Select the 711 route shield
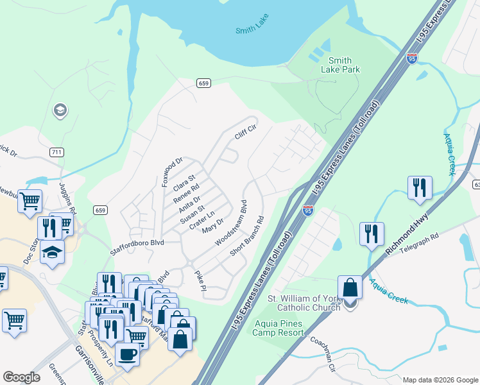[56, 151]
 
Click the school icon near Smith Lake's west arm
[60, 111]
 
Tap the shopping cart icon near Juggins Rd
[30, 201]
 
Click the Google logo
[21, 377]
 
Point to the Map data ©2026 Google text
[440, 379]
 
